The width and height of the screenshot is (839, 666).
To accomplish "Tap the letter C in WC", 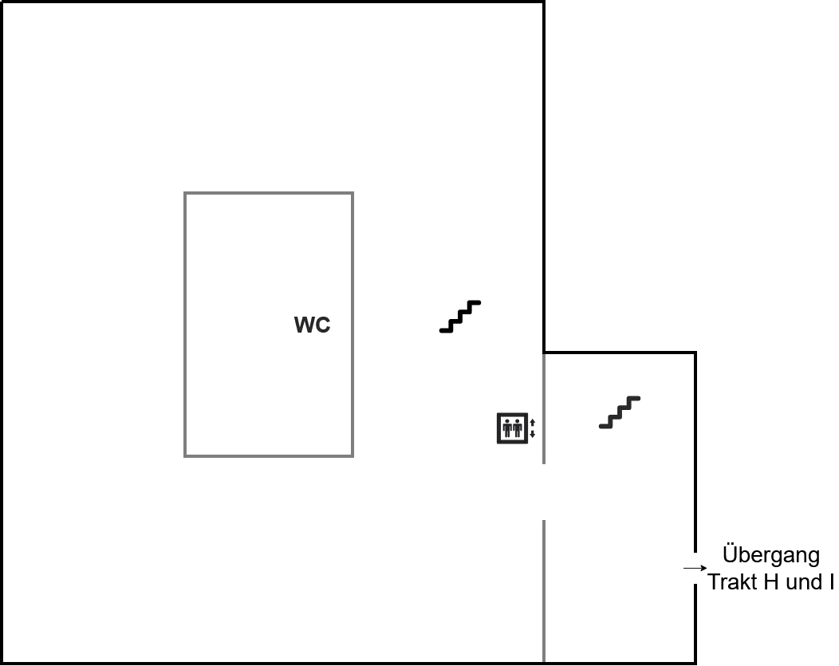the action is pos(323,325).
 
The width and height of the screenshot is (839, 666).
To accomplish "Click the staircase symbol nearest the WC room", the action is pos(460,317).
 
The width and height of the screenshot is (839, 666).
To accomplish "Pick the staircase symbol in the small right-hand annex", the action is pos(620,412).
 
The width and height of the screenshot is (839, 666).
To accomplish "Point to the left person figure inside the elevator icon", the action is pos(506,429).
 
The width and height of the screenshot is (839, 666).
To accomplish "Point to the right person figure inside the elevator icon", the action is pos(518,429).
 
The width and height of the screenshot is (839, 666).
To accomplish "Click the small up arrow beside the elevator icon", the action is pos(533,423).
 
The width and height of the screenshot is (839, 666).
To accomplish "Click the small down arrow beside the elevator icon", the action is pos(533,434).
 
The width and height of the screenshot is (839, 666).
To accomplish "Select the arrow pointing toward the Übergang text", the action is pos(695,568).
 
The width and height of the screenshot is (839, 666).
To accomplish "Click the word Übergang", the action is pos(771,554).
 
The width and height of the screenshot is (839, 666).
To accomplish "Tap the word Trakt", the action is pos(733,582).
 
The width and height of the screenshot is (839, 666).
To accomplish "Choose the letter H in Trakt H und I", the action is pos(771,582).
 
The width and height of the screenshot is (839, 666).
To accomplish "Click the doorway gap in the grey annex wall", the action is pos(544,492).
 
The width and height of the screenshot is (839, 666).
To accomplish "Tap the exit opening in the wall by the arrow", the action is pos(695,568).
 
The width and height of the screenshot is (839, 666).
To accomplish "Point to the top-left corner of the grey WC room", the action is pos(184,192).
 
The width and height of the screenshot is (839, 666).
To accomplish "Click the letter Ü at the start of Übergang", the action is pos(731,554).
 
